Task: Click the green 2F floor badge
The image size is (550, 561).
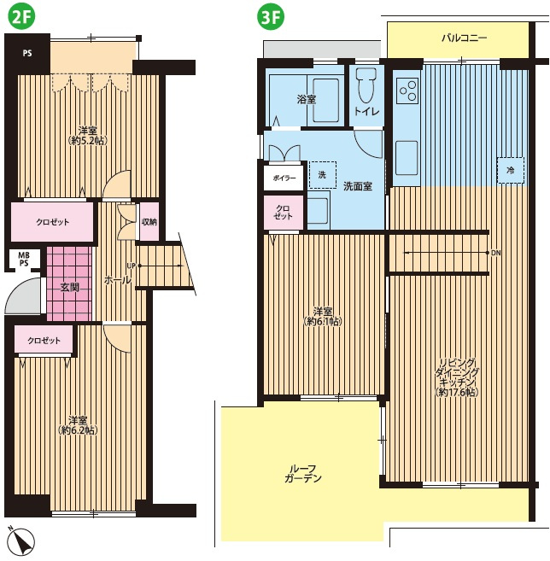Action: pos(22,17)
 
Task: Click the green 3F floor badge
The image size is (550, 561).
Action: pos(270,17)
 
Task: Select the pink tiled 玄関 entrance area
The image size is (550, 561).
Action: pos(69,283)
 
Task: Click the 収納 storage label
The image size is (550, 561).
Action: pos(149,222)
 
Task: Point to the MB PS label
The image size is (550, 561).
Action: pos(24,259)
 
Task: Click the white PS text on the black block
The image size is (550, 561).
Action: pos(27,53)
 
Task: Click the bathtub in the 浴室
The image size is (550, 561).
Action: pos(325,101)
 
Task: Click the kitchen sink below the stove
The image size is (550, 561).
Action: pos(407,158)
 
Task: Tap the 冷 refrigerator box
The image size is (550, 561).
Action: pos(510,170)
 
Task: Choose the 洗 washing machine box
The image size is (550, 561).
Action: pos(323,175)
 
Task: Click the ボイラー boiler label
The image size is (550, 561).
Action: pos(284,178)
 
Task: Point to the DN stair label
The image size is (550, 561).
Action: pos(496,253)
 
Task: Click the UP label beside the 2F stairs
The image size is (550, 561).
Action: pos(132,266)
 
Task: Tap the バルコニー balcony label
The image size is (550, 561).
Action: pos(464,38)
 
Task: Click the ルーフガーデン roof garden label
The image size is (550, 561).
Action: pos(302,473)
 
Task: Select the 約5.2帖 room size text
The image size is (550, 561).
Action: pos(88,141)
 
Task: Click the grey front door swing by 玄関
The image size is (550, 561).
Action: pos(23,296)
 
